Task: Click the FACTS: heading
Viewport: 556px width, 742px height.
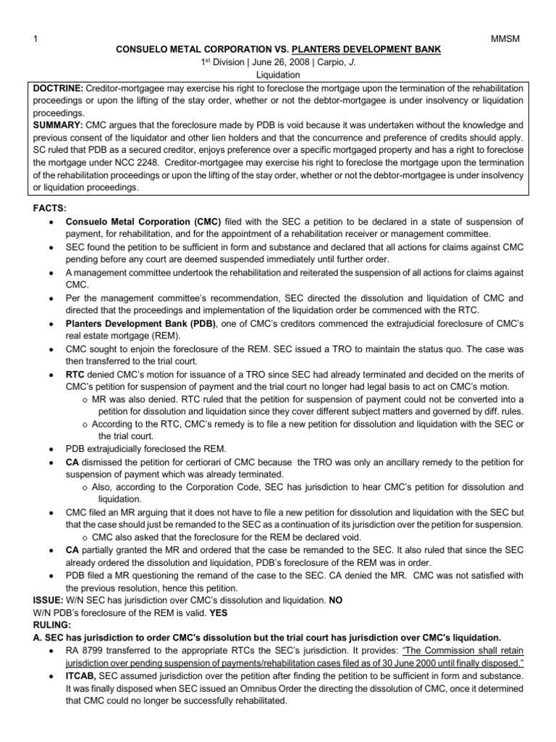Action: click(x=50, y=208)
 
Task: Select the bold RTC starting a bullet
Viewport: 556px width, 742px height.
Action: click(x=75, y=373)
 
